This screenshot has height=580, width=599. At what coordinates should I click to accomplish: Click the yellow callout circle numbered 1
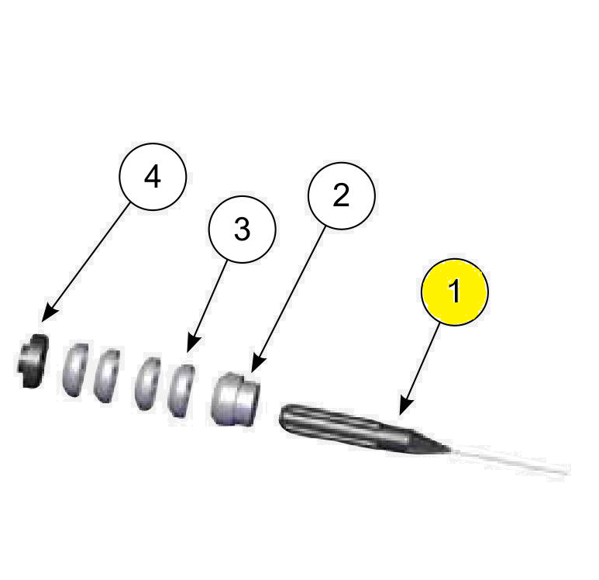(454, 292)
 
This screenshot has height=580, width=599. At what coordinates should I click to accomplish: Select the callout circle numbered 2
(341, 196)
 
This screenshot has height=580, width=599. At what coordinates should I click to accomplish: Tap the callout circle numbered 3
(243, 230)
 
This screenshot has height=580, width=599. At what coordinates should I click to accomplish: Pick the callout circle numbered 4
(153, 177)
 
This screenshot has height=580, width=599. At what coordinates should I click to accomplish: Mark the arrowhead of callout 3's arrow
(190, 350)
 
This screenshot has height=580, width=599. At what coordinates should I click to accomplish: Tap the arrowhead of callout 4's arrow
(45, 318)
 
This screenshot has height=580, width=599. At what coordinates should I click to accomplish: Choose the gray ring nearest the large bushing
(183, 388)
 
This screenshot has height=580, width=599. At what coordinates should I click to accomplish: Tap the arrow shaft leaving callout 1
(422, 364)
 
